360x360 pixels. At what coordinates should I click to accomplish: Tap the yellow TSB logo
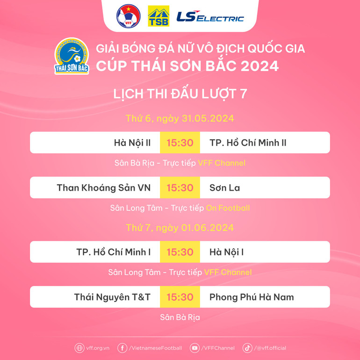point(158,17)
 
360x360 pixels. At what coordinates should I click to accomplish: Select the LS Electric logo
point(210,17)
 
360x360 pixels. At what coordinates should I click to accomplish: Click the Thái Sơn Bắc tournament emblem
point(72,56)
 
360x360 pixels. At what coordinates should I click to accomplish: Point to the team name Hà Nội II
point(132,143)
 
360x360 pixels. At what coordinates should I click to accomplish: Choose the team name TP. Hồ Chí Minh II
point(248,143)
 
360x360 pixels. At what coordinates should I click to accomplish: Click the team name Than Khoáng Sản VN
point(103,187)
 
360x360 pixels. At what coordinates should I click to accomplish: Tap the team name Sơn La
point(224,187)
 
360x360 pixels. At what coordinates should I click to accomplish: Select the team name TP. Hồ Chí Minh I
point(113,252)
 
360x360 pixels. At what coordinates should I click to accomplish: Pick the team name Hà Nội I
point(226,252)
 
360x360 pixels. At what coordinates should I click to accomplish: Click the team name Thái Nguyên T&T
point(112,297)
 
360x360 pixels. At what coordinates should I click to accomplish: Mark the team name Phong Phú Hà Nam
point(252,297)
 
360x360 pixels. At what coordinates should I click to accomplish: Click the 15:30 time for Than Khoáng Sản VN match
point(180,187)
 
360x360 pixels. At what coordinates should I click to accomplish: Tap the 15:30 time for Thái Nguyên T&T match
point(180,297)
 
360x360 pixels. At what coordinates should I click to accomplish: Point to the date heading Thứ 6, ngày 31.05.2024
point(180,118)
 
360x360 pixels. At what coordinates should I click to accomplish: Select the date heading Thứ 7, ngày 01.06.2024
point(180,228)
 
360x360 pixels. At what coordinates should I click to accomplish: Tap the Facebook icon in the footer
point(122,348)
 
